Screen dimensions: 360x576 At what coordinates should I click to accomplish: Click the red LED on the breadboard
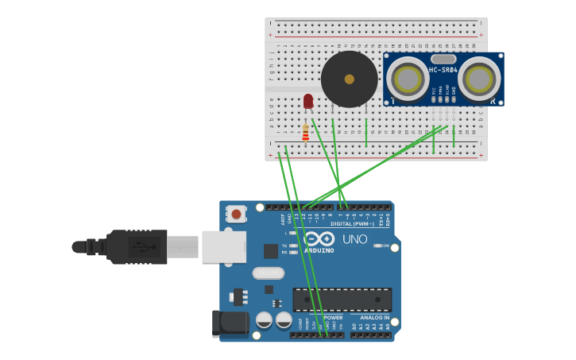308,101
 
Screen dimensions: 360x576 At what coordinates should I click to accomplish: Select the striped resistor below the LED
305,132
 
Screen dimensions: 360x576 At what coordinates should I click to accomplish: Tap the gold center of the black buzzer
349,79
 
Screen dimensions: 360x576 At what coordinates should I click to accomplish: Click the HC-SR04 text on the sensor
443,71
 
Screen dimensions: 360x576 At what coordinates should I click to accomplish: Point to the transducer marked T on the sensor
407,79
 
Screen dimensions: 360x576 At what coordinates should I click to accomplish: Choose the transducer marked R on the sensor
479,79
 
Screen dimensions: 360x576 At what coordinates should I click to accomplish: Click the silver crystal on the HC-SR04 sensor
443,59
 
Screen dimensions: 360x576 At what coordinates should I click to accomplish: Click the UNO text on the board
354,239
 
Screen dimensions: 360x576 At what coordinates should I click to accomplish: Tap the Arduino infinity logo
319,238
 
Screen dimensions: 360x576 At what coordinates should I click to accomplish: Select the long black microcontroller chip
342,300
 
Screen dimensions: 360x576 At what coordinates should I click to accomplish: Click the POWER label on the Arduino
333,318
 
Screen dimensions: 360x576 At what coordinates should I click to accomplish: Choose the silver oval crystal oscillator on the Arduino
268,273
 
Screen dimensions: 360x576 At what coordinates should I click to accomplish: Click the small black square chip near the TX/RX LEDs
271,251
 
